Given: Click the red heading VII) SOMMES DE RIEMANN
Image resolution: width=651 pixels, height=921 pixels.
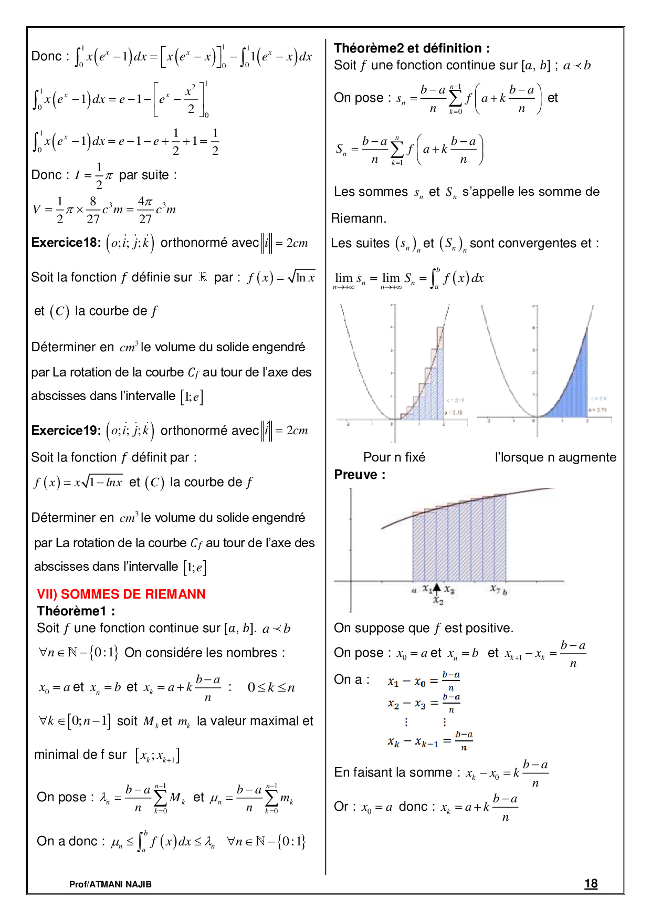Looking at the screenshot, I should pyautogui.click(x=121, y=594).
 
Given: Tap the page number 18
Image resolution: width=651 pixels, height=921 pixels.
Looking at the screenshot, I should pyautogui.click(x=591, y=884).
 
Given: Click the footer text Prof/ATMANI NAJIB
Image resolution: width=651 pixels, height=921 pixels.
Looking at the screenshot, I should pyautogui.click(x=110, y=884).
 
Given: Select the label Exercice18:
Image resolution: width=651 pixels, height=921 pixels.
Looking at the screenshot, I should pyautogui.click(x=66, y=243).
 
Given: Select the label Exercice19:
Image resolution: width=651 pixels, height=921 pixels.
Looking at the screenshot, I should pyautogui.click(x=66, y=431).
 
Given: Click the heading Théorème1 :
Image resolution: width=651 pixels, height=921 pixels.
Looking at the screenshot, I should pyautogui.click(x=76, y=611).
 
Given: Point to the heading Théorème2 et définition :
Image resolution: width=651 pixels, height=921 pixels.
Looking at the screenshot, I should pyautogui.click(x=412, y=48).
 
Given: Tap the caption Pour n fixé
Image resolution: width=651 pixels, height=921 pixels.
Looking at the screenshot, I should pyautogui.click(x=394, y=457).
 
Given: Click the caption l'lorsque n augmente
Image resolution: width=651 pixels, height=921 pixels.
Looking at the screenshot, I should pyautogui.click(x=555, y=457).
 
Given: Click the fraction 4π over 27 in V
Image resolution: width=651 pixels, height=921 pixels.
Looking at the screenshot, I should pyautogui.click(x=145, y=210).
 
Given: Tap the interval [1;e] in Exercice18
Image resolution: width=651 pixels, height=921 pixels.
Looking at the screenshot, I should pyautogui.click(x=192, y=396).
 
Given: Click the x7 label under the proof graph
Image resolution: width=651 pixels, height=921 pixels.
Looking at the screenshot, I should pyautogui.click(x=495, y=589).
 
